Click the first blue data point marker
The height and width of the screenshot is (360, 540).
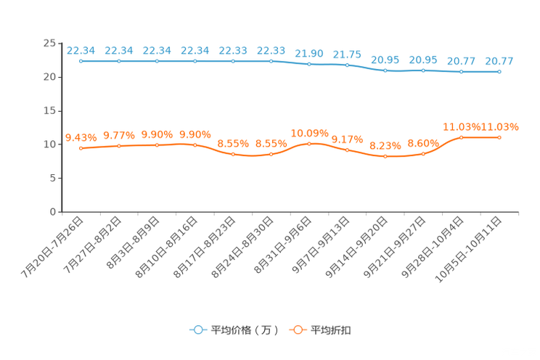point(81,62)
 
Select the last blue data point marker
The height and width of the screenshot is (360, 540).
point(499,71)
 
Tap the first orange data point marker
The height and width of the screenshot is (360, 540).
point(81,148)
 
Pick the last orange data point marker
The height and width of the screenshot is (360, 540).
point(499,137)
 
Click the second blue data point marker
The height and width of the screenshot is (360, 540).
point(119,62)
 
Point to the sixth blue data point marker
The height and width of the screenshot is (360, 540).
point(271,62)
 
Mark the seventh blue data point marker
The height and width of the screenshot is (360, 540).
point(309,65)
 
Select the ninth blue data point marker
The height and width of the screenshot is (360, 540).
point(385,70)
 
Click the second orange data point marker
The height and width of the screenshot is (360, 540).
point(119,146)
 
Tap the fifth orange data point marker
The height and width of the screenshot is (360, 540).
point(233,155)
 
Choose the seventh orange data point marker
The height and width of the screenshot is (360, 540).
point(309,144)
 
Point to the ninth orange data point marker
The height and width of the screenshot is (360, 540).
point(385,157)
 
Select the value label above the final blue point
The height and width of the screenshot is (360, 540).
point(500,60)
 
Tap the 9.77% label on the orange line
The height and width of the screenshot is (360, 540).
point(119,135)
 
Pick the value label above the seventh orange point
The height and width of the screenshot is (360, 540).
point(309,133)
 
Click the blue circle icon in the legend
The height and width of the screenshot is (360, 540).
point(197,330)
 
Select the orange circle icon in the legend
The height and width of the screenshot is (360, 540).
point(297,330)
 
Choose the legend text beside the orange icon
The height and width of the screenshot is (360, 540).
point(332,330)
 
